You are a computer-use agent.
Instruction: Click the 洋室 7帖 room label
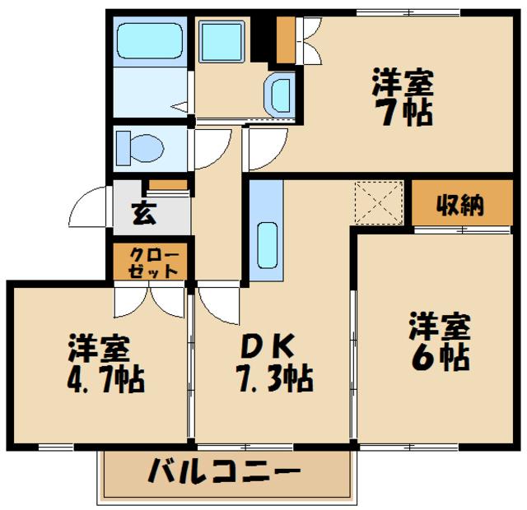[402, 98]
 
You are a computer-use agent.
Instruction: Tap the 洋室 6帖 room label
[440, 341]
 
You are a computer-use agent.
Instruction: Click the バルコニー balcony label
[223, 474]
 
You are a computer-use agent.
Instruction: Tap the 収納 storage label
[459, 204]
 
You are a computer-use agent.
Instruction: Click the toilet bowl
[141, 149]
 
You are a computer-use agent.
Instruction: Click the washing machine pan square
[223, 39]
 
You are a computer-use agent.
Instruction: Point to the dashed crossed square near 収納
[378, 202]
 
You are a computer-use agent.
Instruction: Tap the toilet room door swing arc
[210, 149]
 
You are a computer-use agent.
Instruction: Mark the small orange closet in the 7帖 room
[286, 39]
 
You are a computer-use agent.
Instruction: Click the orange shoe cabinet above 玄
[168, 184]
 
